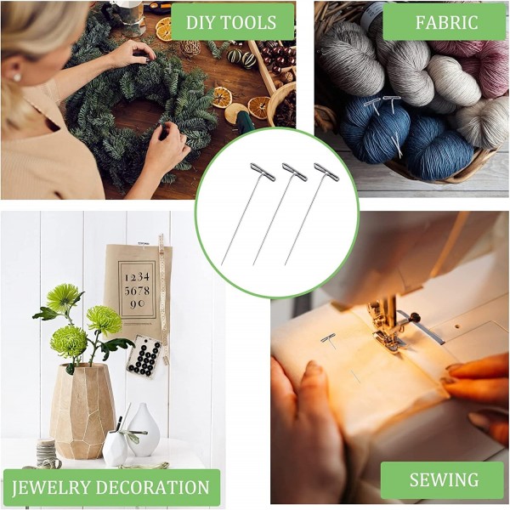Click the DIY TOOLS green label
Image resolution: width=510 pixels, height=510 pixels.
(232, 22)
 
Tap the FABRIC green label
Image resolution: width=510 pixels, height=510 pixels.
(446, 22)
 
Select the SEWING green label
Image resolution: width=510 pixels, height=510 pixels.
(444, 479)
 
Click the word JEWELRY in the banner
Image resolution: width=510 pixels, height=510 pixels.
(51, 488)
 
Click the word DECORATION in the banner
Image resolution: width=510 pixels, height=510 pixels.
(152, 488)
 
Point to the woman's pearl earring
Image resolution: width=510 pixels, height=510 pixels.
(17, 77)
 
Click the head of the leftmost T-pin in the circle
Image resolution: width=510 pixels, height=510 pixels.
(263, 172)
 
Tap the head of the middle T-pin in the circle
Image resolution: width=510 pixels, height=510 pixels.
(294, 172)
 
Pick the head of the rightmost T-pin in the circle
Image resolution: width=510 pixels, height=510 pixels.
(326, 172)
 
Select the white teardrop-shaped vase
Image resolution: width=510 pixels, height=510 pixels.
(144, 429)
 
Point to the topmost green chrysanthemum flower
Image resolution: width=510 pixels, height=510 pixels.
(64, 297)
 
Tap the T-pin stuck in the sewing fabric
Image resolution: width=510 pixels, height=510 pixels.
(329, 339)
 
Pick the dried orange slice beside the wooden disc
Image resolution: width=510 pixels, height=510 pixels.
(259, 108)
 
